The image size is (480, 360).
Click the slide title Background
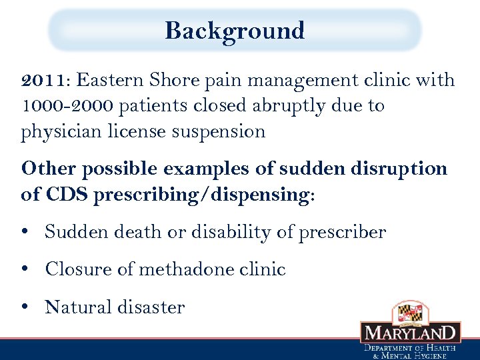tap(235, 31)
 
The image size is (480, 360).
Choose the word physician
tap(61, 132)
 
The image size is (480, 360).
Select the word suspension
tap(219, 132)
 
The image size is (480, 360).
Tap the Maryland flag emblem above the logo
tap(411, 311)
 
